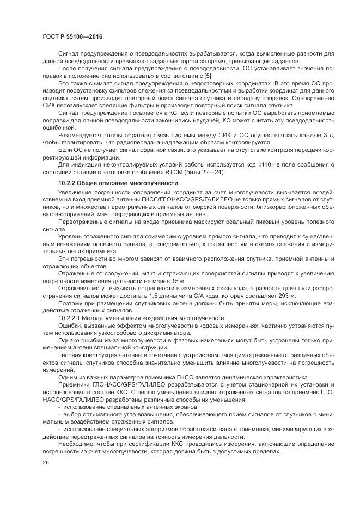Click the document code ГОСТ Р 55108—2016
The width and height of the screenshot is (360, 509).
(x=72, y=36)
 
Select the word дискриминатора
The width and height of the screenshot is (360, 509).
(x=164, y=332)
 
